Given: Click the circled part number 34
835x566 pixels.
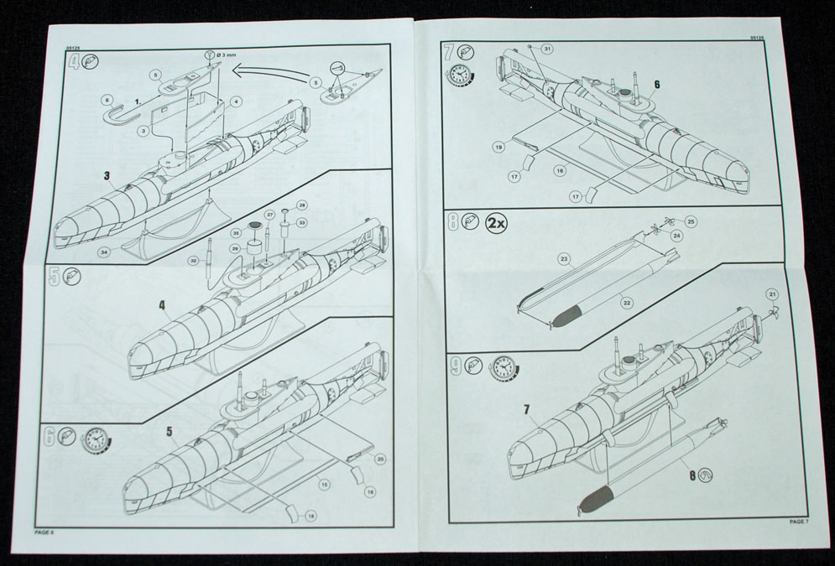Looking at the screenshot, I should click(103, 251).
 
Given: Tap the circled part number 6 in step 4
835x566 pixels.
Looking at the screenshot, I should click(107, 100).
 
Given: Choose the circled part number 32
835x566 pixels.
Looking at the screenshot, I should click(194, 261).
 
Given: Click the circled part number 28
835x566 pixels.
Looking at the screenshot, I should click(302, 205).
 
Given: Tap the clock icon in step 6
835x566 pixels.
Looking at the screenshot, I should click(96, 439).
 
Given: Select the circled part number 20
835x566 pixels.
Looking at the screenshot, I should click(380, 459).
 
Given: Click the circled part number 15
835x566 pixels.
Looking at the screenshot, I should click(322, 483).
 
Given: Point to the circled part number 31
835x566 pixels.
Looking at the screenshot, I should click(547, 49).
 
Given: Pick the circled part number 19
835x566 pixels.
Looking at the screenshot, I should click(498, 147).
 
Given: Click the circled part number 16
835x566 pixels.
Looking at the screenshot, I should click(559, 169).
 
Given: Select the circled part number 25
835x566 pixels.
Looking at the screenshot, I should click(691, 221).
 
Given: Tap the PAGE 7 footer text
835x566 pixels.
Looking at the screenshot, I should click(798, 522).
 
